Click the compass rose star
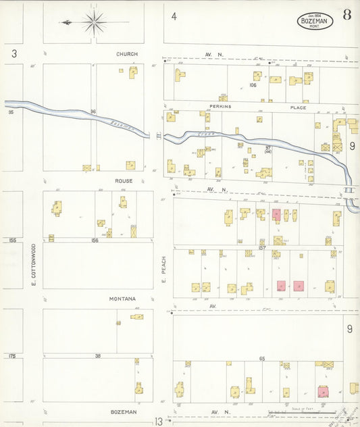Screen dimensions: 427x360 tap(93, 22)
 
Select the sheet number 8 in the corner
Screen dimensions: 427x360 tap(346, 15)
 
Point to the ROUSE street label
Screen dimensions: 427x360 tap(123, 181)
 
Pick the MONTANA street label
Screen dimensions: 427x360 tap(122, 299)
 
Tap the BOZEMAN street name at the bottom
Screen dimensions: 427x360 tap(124, 411)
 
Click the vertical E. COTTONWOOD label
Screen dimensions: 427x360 tap(33, 266)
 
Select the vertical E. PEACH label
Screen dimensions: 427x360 tap(163, 268)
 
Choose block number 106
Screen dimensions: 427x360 tap(253, 85)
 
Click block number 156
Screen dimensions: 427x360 tap(95, 240)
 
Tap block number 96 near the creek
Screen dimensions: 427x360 tap(94, 111)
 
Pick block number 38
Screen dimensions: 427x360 tap(97, 355)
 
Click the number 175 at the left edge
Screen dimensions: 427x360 tap(11, 355)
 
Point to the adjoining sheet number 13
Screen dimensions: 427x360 tap(158, 421)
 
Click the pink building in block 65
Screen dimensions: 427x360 tap(324, 391)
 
